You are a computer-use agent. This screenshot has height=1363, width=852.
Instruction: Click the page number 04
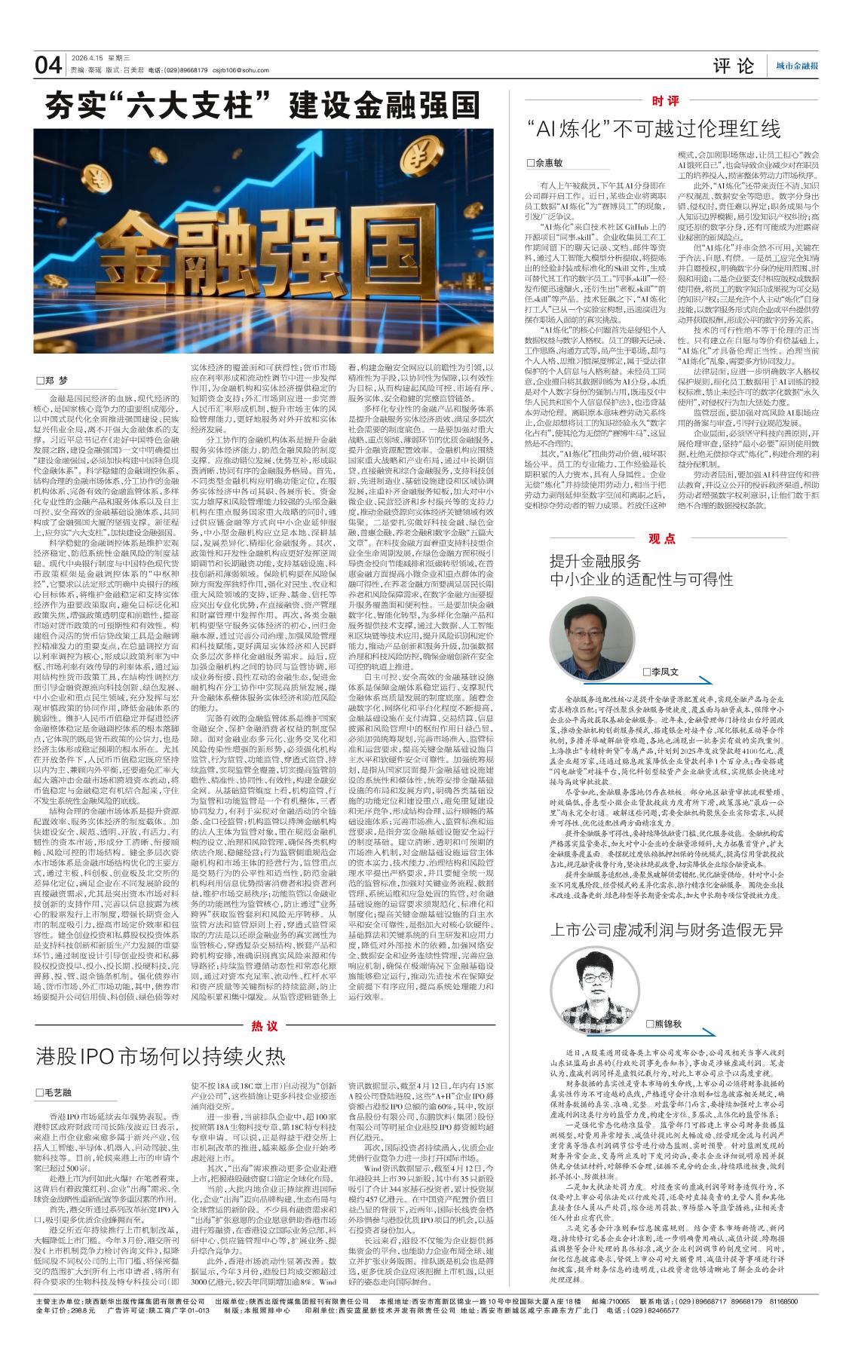[x=48, y=66]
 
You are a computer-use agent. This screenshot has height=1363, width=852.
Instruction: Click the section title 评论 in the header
[x=734, y=66]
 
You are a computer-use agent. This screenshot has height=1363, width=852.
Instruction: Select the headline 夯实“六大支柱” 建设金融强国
[x=262, y=106]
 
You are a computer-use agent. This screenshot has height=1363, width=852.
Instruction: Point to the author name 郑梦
[x=57, y=379]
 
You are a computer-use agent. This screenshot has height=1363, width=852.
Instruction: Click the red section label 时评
[x=664, y=101]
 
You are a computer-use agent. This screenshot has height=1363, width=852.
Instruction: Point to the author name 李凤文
[x=664, y=671]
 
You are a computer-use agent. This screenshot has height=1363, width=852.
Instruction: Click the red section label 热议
[x=265, y=1025]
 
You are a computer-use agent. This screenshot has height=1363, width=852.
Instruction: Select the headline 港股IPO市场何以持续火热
[x=161, y=1055]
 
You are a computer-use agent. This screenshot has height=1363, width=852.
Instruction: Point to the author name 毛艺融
[x=58, y=1092]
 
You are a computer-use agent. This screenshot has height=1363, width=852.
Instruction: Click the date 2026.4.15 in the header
[x=87, y=57]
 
